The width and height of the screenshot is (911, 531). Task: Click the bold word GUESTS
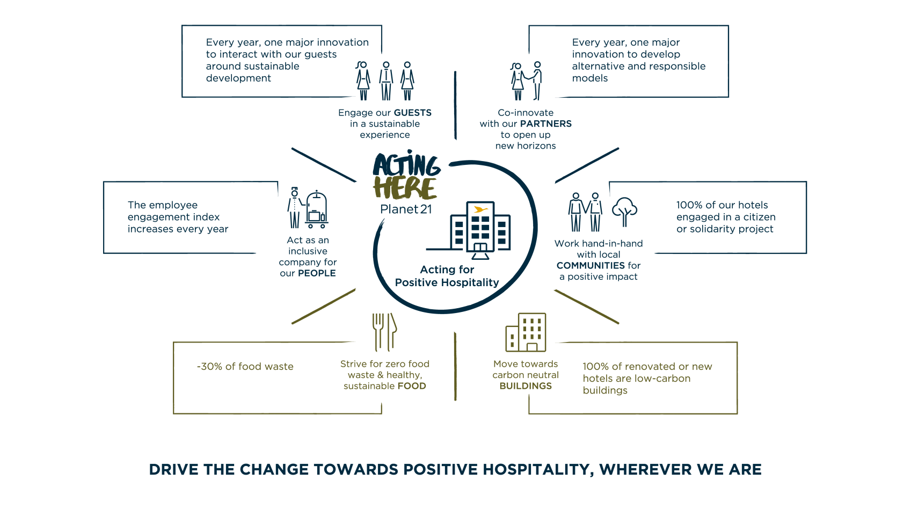click(x=412, y=113)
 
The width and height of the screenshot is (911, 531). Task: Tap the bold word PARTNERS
click(x=546, y=123)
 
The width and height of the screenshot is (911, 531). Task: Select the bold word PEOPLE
click(x=317, y=273)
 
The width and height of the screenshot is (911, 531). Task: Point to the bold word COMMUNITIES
click(x=591, y=266)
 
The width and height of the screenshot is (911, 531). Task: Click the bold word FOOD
click(x=412, y=385)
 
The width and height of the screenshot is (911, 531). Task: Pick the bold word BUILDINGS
click(x=526, y=385)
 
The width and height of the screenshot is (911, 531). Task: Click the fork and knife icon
click(x=384, y=332)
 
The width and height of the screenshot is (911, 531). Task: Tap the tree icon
click(x=625, y=212)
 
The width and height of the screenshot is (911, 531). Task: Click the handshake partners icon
click(x=527, y=81)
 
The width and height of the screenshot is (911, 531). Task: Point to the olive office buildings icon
click(x=526, y=332)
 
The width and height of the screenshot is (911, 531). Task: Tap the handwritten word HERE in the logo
click(x=405, y=188)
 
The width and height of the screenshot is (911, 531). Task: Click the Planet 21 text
click(x=406, y=209)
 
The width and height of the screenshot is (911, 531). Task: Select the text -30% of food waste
click(x=245, y=367)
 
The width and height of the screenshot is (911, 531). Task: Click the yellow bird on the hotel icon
click(x=480, y=209)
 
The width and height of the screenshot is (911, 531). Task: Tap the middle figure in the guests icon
click(x=386, y=81)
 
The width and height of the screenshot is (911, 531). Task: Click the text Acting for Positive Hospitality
click(x=447, y=276)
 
